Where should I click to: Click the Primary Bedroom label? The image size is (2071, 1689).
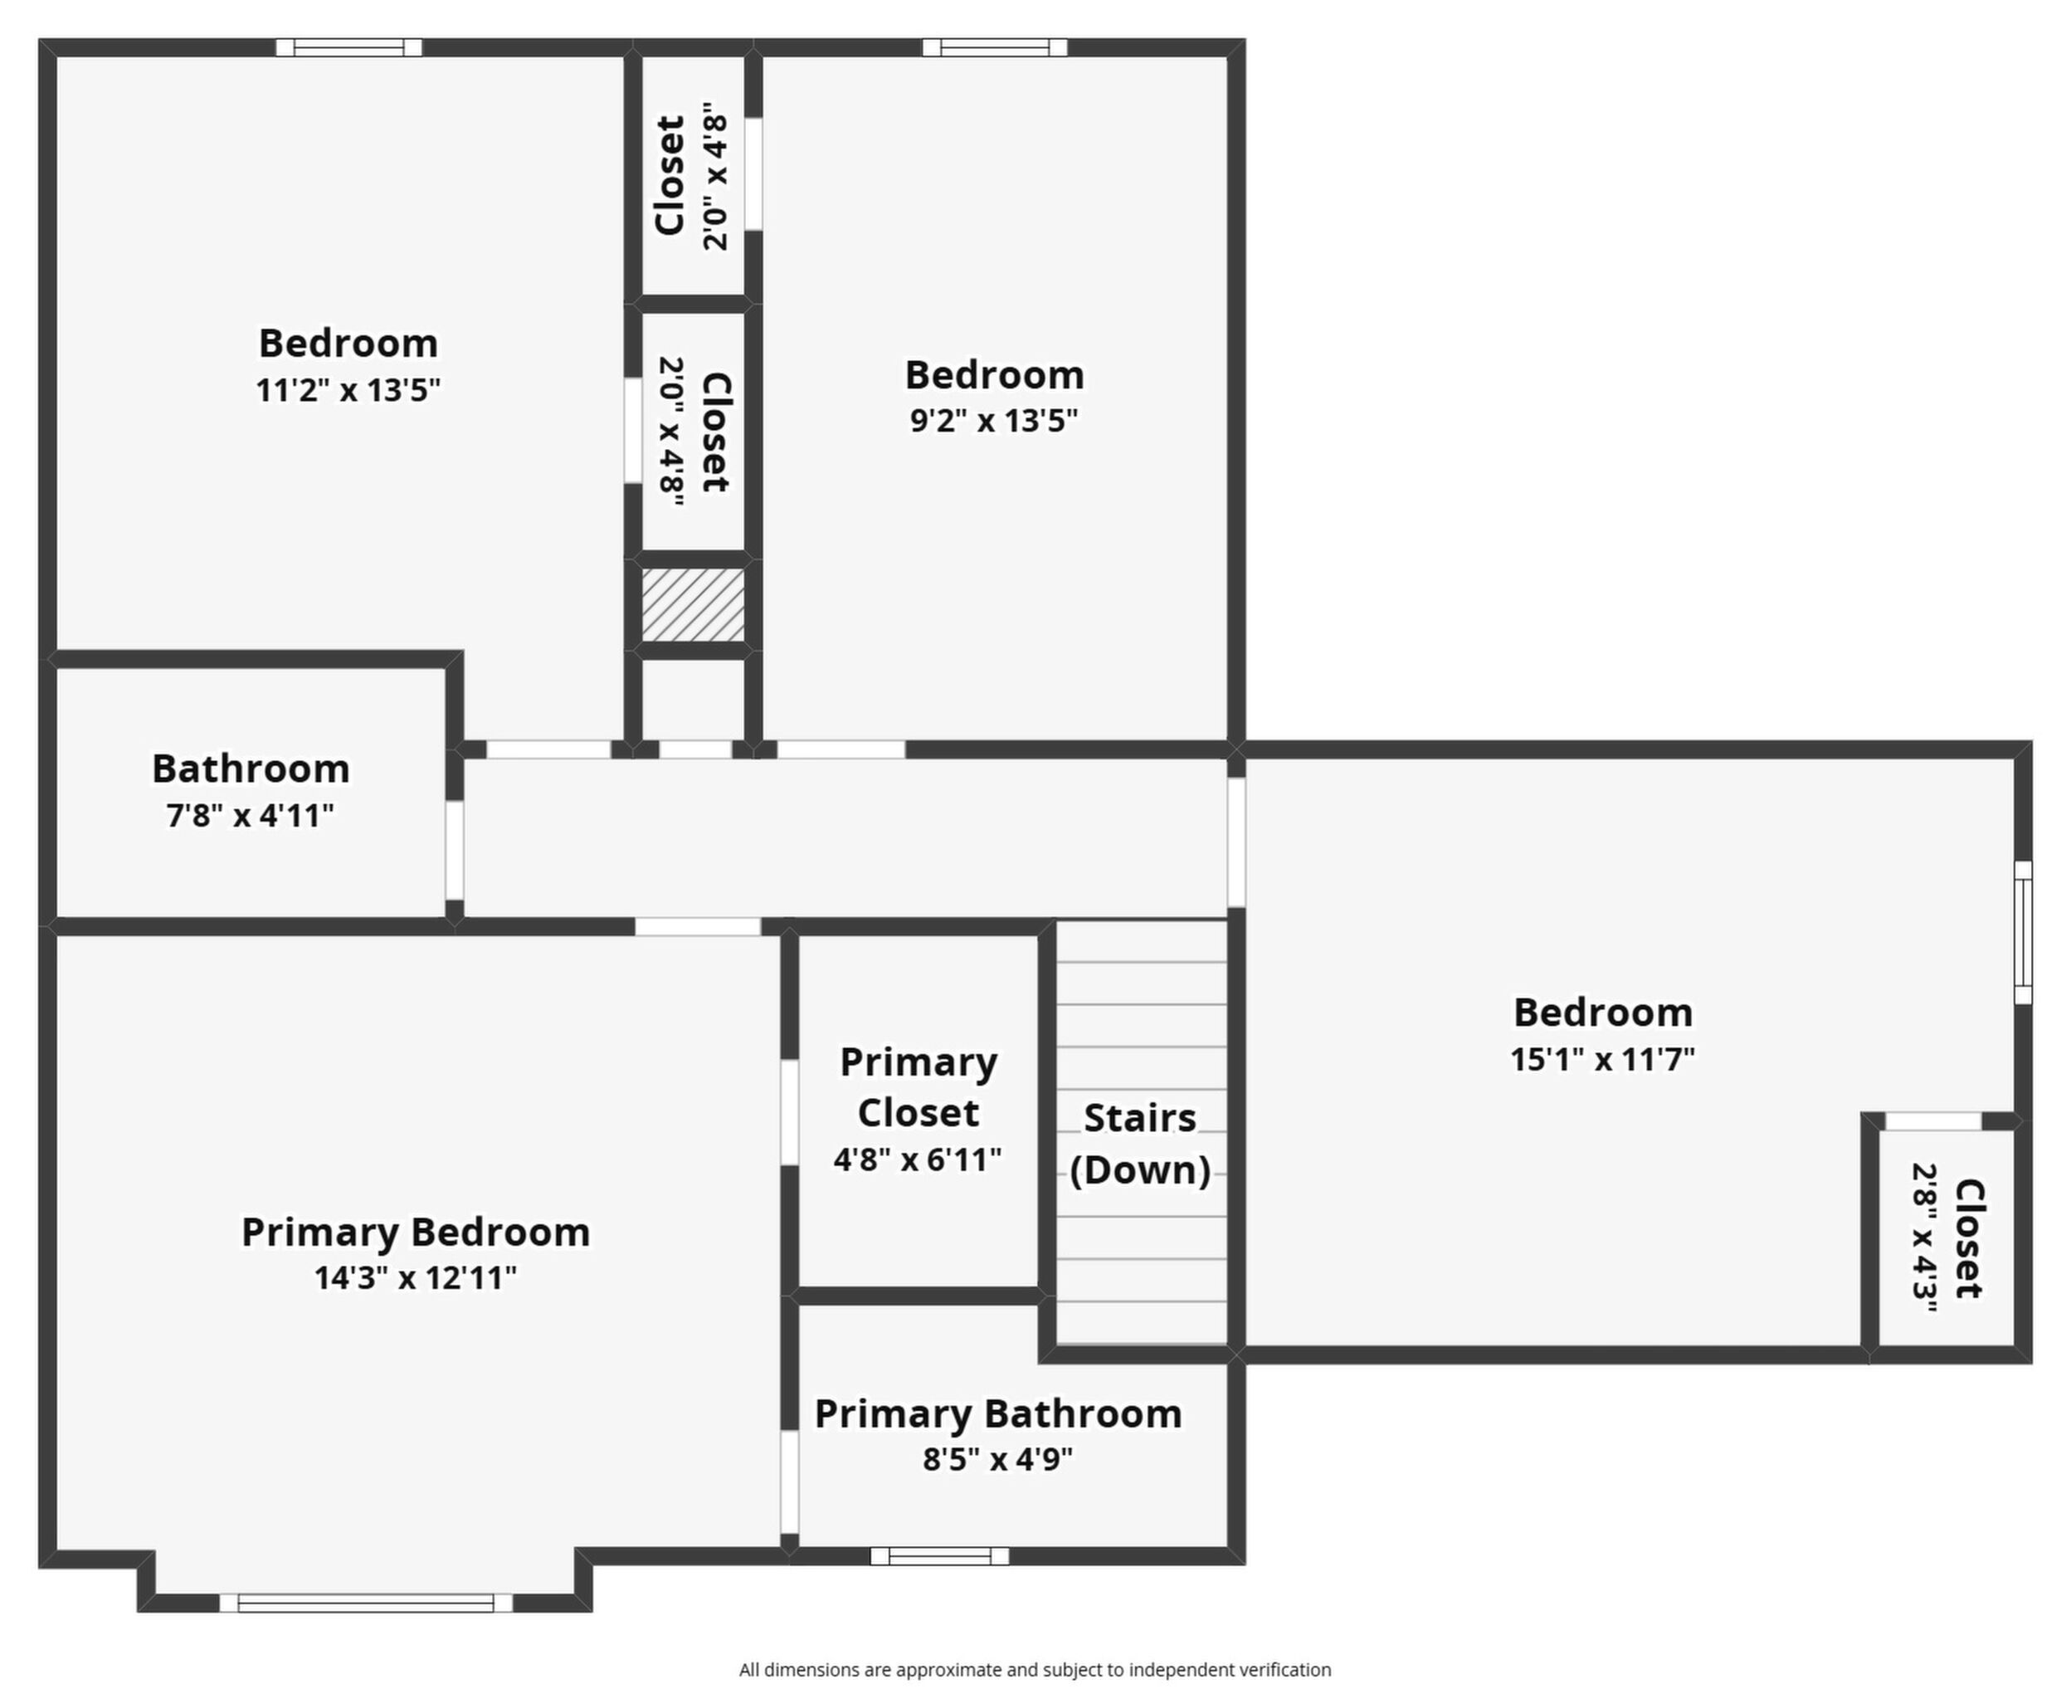tap(416, 1233)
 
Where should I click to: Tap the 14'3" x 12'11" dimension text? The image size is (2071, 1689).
tap(416, 1277)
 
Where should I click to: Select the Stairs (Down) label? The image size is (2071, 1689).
tap(1140, 1145)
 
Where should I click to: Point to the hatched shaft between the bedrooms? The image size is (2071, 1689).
tap(693, 605)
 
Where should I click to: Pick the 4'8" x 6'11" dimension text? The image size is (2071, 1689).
tap(918, 1159)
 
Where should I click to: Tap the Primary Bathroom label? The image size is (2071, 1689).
tap(998, 1413)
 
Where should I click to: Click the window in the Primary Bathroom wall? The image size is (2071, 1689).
tap(938, 1555)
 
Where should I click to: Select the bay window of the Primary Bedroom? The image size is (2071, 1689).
tap(366, 1603)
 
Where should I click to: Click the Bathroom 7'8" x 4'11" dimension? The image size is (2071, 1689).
tap(250, 815)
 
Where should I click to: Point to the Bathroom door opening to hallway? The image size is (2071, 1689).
tap(455, 849)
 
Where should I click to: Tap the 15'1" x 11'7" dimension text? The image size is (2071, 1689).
tap(1602, 1058)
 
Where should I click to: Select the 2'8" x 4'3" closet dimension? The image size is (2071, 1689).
tap(1924, 1237)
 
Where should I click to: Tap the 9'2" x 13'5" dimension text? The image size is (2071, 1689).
tap(994, 420)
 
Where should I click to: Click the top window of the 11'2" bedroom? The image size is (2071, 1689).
tap(349, 46)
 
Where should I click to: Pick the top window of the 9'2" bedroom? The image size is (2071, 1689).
tap(994, 46)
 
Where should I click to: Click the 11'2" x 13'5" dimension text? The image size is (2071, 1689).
tap(348, 389)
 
